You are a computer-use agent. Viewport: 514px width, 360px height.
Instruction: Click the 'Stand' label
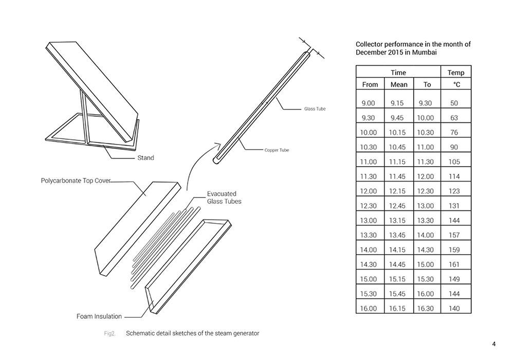click(145, 158)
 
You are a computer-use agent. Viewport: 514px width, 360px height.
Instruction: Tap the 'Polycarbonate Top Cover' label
click(76, 181)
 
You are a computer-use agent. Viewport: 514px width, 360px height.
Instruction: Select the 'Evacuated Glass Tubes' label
click(224, 197)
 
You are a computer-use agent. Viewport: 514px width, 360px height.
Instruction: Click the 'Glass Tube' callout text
click(315, 109)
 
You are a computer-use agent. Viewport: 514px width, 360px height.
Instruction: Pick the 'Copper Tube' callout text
click(277, 150)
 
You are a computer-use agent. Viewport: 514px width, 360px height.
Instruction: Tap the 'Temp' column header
click(455, 73)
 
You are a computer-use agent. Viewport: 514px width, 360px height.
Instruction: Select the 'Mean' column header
click(399, 85)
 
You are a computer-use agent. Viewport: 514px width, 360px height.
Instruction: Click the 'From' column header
click(370, 85)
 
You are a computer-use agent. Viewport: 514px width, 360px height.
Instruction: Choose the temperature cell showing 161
click(454, 265)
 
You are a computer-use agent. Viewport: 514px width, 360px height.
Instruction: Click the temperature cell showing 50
click(454, 103)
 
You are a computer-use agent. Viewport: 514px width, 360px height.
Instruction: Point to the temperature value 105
click(454, 162)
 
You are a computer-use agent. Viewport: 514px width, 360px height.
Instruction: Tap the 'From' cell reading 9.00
click(369, 103)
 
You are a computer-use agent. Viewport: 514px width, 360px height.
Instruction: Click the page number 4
click(493, 345)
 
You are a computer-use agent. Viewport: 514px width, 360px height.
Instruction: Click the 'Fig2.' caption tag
click(109, 333)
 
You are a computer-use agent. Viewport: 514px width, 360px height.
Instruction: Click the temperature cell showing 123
click(454, 191)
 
